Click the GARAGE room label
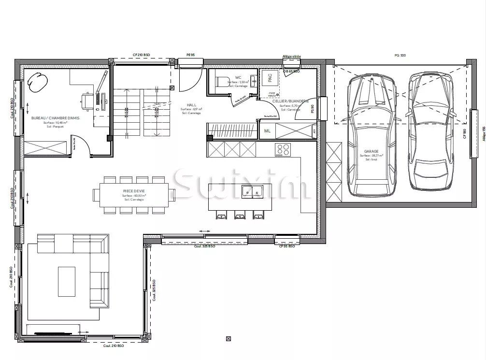[x=371, y=151]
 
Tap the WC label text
[x=238, y=77]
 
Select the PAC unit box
[x=270, y=76]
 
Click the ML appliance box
[x=267, y=131]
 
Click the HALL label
[x=191, y=105]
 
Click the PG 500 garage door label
[x=400, y=56]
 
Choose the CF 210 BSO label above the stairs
[x=142, y=56]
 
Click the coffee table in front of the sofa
[x=67, y=282]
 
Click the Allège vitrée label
[x=291, y=57]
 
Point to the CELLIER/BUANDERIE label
[x=290, y=101]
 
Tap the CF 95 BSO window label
[x=286, y=246]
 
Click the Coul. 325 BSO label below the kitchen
[x=204, y=246]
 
